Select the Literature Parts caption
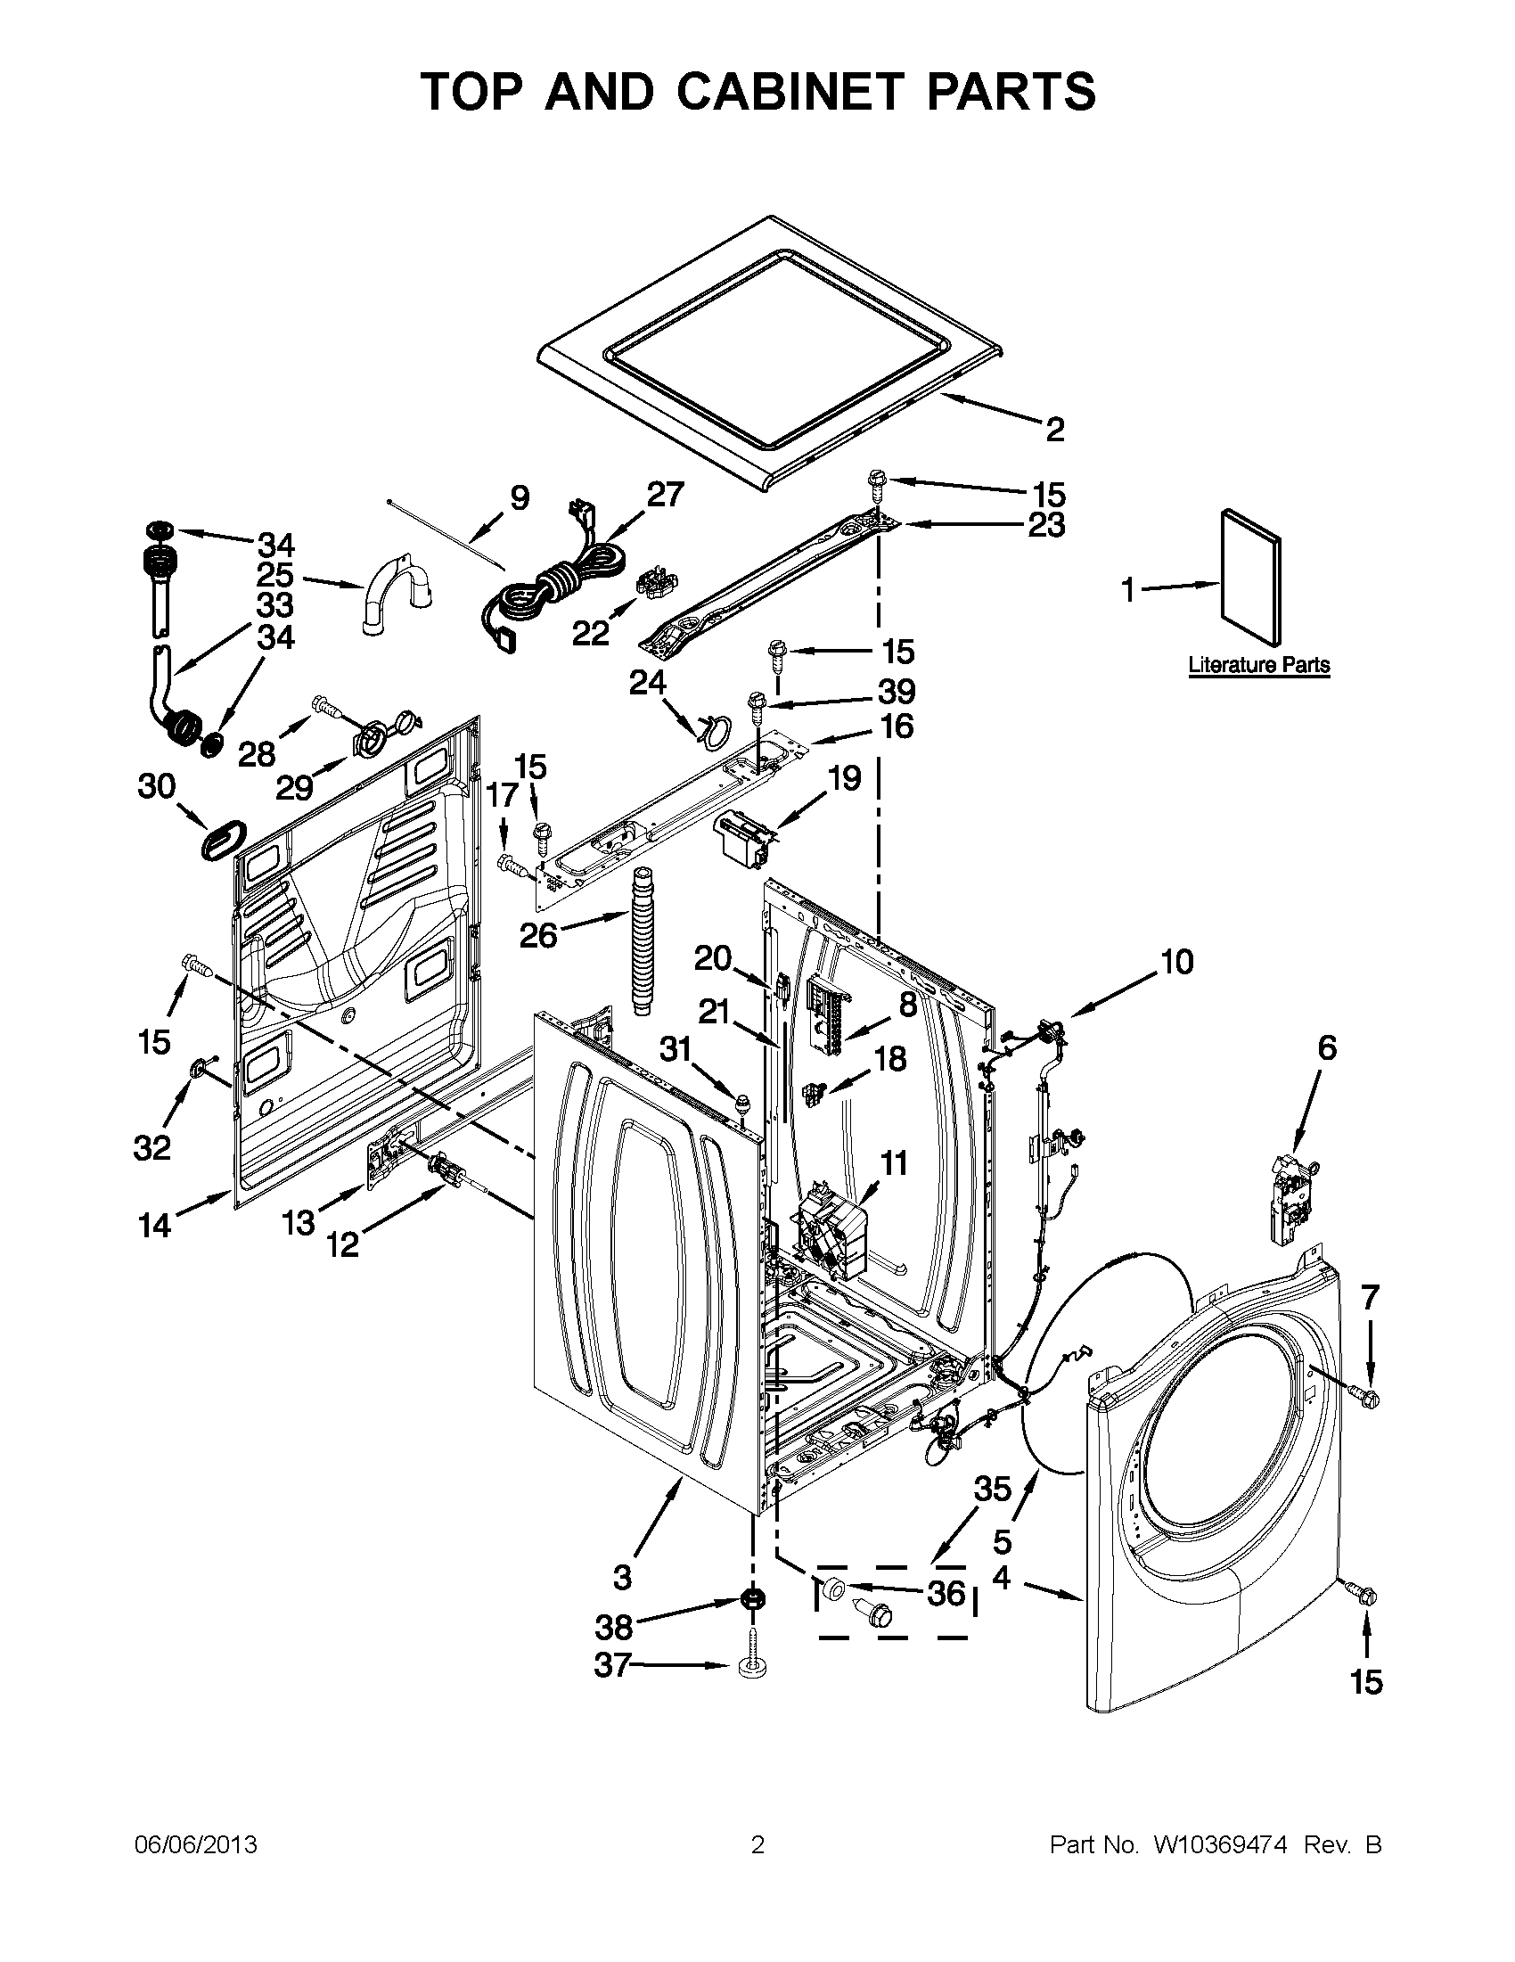1258,666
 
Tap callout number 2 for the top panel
1054,430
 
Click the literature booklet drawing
1251,577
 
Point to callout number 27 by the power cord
665,495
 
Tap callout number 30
156,786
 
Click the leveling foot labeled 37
749,1667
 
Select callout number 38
614,1626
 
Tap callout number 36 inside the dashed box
946,1593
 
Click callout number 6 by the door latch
1326,1047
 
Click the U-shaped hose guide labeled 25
398,594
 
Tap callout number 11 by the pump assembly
894,1163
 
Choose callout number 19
844,777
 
